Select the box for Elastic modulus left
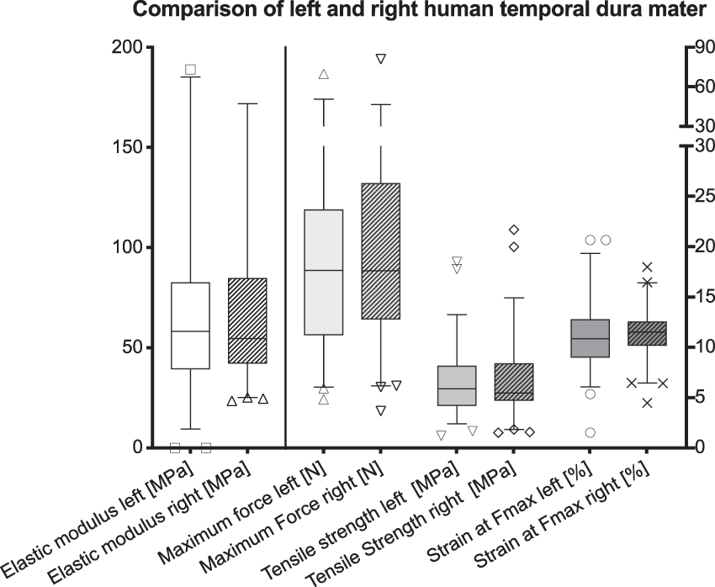(x=190, y=325)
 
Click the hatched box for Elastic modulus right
(x=247, y=320)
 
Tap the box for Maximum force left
(x=323, y=272)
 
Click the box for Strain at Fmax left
(x=591, y=338)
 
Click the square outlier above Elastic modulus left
(x=190, y=69)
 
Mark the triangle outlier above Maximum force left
(x=323, y=74)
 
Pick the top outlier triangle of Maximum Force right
(x=380, y=59)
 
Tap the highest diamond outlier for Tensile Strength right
(x=513, y=230)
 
